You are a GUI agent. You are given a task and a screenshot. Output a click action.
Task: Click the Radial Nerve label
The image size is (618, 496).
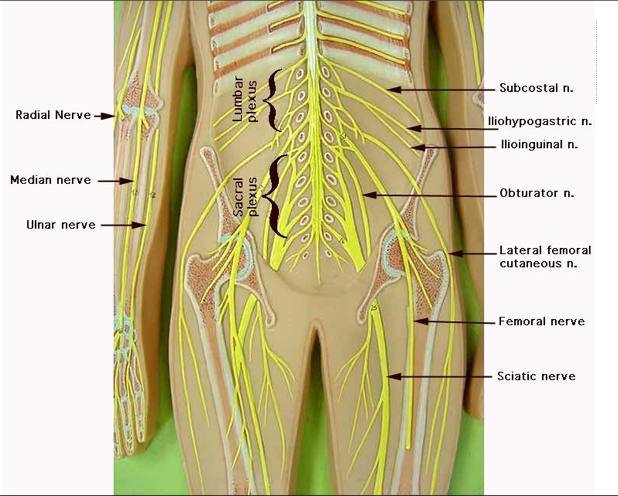pyautogui.click(x=54, y=115)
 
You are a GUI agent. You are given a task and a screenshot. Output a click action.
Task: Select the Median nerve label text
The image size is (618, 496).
pyautogui.click(x=50, y=180)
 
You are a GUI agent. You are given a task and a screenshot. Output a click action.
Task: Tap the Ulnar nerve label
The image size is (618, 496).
pyautogui.click(x=61, y=225)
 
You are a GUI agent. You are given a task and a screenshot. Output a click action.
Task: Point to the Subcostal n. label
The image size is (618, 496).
pyautogui.click(x=536, y=88)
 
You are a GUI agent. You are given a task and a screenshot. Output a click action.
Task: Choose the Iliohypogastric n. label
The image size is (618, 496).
pyautogui.click(x=546, y=121)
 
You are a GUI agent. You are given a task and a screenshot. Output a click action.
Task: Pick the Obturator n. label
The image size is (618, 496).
pyautogui.click(x=537, y=193)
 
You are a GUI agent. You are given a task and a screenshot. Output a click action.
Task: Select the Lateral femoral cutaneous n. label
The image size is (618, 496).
pyautogui.click(x=545, y=257)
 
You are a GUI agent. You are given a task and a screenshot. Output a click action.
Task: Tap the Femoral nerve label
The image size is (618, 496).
pyautogui.click(x=541, y=321)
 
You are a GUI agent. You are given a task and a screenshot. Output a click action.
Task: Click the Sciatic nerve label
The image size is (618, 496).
pyautogui.click(x=536, y=376)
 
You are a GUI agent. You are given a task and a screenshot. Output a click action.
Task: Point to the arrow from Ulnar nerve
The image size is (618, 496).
pyautogui.click(x=123, y=226)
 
